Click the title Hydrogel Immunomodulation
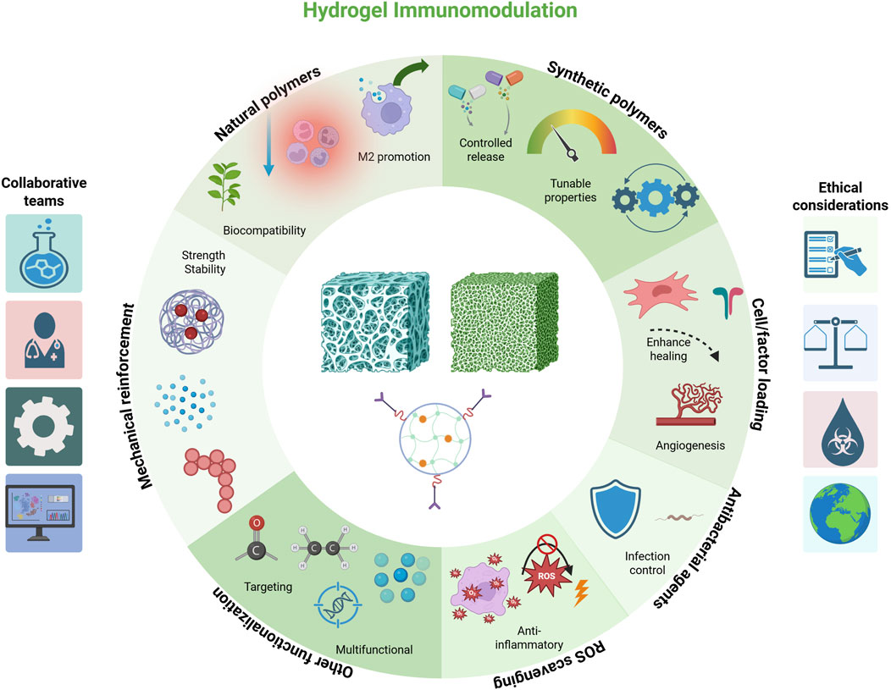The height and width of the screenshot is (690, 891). pos(445,12)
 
